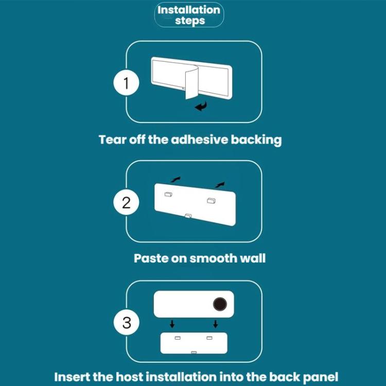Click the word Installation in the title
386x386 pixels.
click(189, 10)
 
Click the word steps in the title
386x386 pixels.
click(189, 21)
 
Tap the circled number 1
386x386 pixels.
click(127, 83)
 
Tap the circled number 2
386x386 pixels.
click(127, 202)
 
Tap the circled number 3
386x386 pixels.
click(127, 323)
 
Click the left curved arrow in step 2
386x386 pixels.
click(176, 179)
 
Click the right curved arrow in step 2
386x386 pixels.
click(220, 183)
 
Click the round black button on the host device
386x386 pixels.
click(220, 304)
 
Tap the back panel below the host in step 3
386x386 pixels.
click(194, 343)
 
